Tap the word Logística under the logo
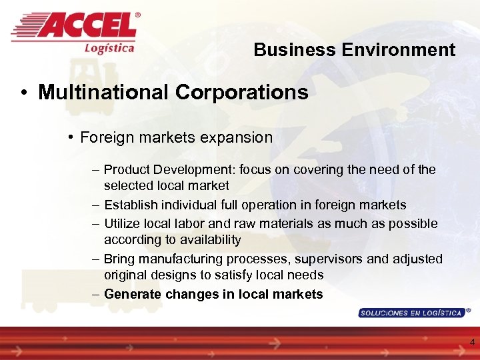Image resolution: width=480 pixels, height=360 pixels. point(109,47)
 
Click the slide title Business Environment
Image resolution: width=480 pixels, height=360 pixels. point(354,50)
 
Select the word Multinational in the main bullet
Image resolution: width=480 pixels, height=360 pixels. point(104,92)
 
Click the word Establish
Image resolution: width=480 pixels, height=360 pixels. point(133,205)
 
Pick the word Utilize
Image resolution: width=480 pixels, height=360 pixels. point(123,223)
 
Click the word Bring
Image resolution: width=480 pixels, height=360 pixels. point(119,259)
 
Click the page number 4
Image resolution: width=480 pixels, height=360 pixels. point(472,342)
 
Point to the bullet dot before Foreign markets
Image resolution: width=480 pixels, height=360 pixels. point(71,138)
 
